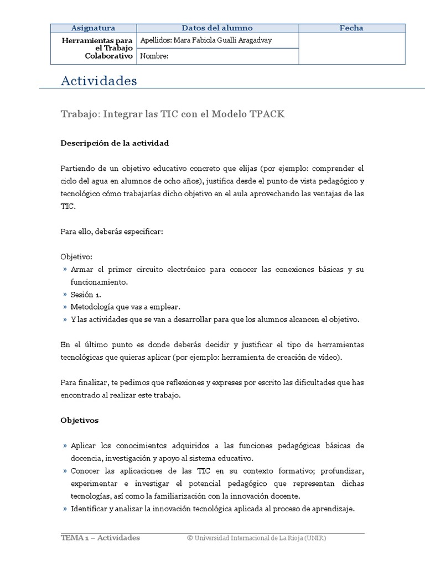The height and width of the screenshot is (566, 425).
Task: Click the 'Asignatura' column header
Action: (x=93, y=28)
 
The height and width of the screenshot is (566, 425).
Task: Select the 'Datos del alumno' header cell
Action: (x=217, y=28)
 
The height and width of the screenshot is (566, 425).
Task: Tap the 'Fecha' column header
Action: (x=352, y=28)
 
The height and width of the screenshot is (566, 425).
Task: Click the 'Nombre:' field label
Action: (x=154, y=56)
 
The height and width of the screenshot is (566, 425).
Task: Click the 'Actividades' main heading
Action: (x=98, y=81)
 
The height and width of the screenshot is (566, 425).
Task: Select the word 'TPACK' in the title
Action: (x=268, y=114)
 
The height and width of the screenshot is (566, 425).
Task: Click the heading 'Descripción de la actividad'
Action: (x=114, y=143)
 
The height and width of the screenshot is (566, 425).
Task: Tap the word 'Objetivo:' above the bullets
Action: (x=76, y=257)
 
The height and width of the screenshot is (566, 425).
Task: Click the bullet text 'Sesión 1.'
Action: (x=86, y=294)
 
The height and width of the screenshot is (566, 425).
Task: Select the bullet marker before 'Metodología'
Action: (x=65, y=307)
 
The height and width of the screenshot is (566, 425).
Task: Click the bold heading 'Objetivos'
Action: (x=79, y=420)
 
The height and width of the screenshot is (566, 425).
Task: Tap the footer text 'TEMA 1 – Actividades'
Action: (x=100, y=538)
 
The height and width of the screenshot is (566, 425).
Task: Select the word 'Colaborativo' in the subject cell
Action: (x=108, y=56)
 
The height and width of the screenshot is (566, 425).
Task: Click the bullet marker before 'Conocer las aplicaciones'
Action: (x=65, y=470)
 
